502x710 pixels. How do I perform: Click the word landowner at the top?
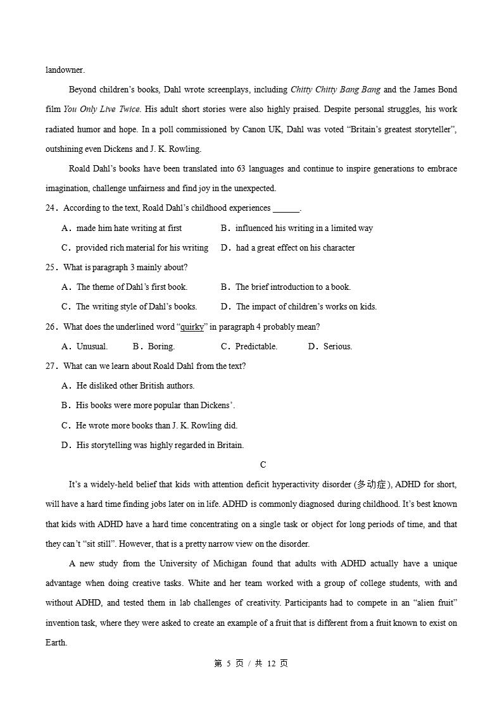tap(65, 70)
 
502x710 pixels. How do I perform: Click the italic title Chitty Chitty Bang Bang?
tap(335, 90)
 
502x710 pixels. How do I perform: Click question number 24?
tap(51, 208)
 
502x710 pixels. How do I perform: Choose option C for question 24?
tap(135, 248)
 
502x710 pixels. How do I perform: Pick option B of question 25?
tap(286, 287)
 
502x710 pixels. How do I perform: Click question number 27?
tap(51, 366)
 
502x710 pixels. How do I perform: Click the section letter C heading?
tap(263, 465)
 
